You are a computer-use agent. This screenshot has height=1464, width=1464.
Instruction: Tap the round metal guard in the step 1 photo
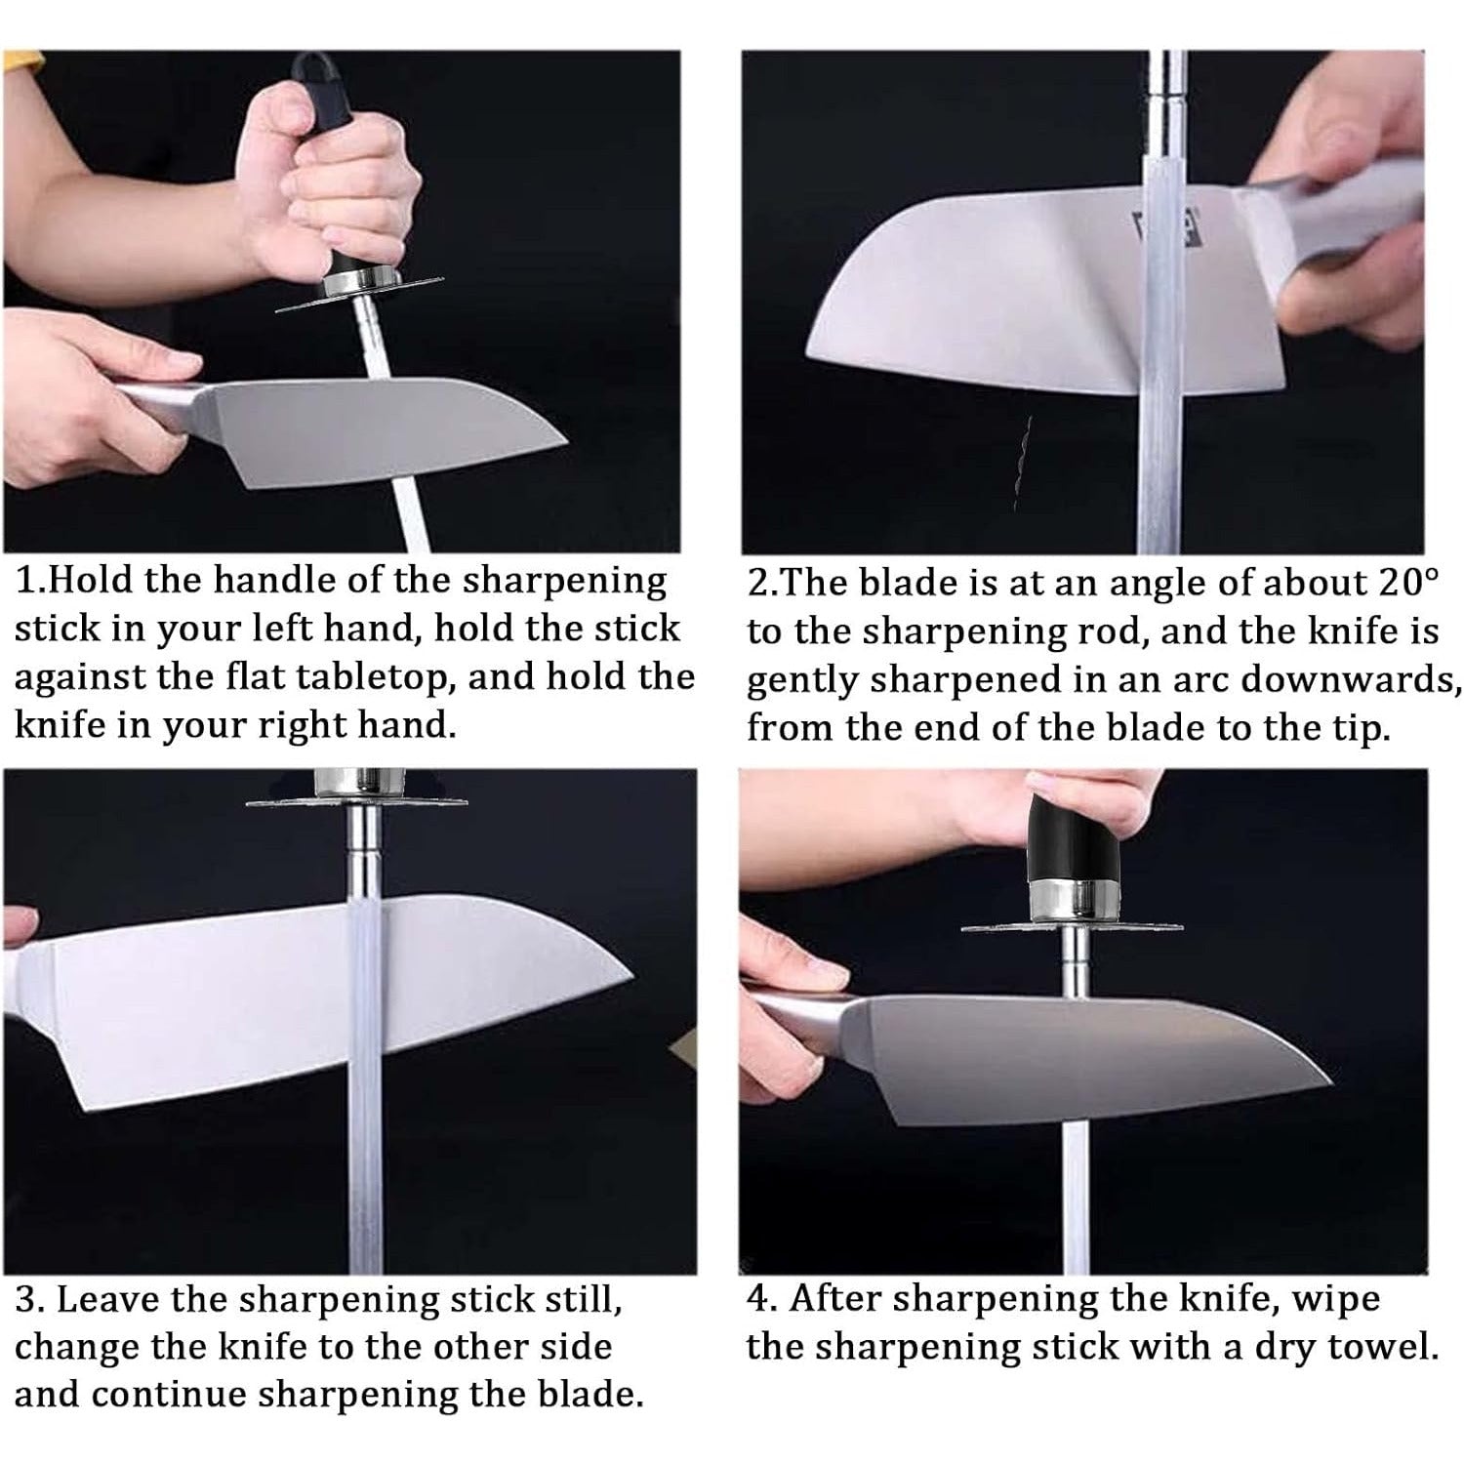click(361, 291)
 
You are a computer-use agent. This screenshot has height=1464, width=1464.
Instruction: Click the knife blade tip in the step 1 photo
click(567, 443)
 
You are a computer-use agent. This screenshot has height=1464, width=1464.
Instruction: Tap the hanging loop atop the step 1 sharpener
click(312, 68)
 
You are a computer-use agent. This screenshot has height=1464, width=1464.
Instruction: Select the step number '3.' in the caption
click(29, 1300)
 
